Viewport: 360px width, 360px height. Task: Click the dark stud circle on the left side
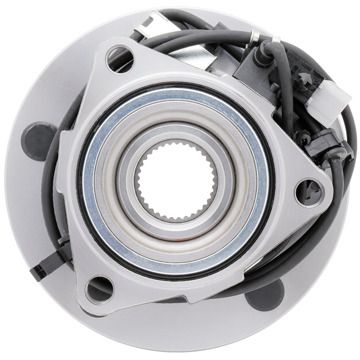point(38,141)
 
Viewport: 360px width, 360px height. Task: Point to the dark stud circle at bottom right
point(265,295)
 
